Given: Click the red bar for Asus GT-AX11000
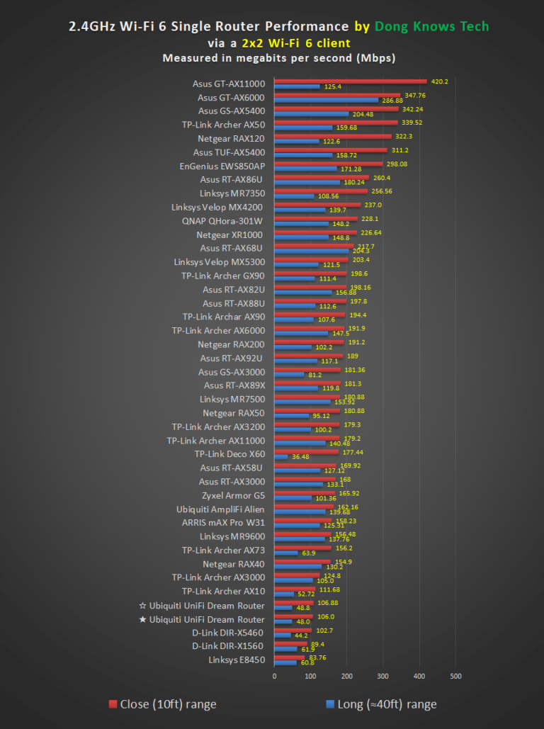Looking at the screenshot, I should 351,81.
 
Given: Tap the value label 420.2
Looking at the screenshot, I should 440,81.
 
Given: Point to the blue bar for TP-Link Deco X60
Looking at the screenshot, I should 281,456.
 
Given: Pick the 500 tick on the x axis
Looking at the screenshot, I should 455,675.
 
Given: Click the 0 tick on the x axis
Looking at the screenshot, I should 274,675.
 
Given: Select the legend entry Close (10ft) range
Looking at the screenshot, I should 162,704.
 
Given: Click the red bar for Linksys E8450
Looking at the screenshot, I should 289,657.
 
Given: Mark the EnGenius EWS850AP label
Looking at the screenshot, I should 222,166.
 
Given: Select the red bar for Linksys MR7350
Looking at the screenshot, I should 321,191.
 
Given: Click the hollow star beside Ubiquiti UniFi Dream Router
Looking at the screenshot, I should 143,606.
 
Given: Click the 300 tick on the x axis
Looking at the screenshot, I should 383,675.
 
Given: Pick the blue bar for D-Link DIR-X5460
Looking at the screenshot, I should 283,635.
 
